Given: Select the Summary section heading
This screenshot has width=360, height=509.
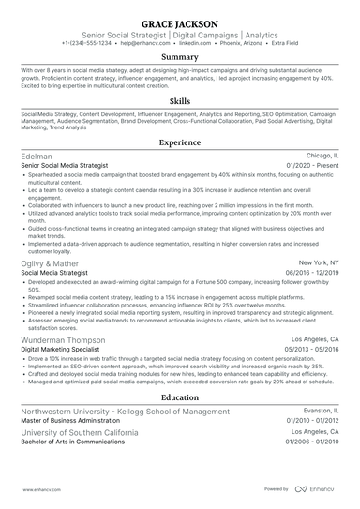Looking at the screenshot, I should click(180, 56).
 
